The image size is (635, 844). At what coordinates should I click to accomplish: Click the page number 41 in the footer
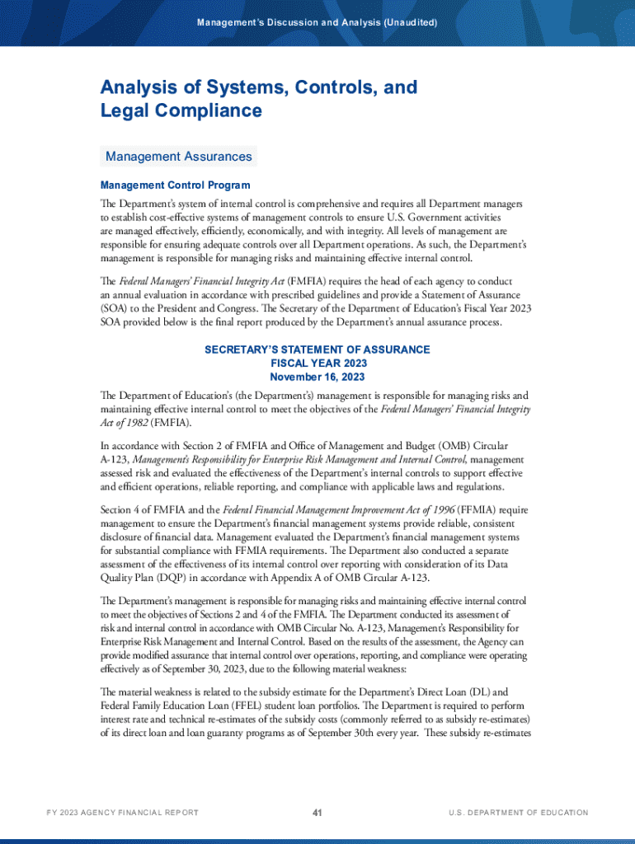(x=317, y=813)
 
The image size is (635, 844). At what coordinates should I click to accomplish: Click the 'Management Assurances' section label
(x=178, y=157)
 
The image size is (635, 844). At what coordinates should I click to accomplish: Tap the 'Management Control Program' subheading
(x=175, y=185)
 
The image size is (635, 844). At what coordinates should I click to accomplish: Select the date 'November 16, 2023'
(x=317, y=377)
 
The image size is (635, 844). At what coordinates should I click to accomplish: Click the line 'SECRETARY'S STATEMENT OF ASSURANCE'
(x=317, y=349)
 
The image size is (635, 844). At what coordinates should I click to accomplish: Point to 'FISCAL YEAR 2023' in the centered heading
(x=317, y=363)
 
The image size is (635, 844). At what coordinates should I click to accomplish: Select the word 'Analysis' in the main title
(x=138, y=87)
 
